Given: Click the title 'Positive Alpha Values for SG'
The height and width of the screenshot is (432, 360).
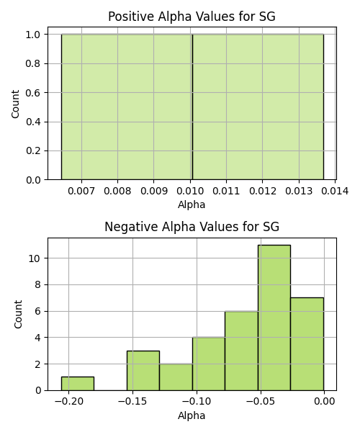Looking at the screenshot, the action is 192,17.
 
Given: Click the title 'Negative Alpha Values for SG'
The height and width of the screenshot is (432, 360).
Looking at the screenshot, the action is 192,227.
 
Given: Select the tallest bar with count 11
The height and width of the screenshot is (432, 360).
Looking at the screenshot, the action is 274,318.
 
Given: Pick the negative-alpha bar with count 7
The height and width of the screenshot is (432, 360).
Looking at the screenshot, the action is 307,344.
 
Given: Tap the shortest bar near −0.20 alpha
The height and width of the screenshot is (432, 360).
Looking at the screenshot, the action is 78,384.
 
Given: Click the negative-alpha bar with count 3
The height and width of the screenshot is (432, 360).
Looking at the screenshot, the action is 143,371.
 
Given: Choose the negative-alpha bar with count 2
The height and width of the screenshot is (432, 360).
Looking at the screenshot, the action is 176,377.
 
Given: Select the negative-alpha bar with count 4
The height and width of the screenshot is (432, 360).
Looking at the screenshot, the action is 209,364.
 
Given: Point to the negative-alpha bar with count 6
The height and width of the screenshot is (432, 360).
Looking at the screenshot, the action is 242,351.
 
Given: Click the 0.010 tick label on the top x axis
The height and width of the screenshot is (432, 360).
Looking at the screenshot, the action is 190,191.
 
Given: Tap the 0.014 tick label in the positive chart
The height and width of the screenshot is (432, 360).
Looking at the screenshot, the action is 335,191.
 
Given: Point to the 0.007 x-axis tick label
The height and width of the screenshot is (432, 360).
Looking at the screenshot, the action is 81,191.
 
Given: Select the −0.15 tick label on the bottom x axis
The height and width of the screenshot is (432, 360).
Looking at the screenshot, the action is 132,402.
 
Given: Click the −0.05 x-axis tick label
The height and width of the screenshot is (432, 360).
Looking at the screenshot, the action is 261,402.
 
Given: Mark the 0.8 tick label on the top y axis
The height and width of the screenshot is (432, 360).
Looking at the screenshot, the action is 33,63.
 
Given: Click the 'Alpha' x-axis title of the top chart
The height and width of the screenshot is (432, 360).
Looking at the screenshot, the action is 192,204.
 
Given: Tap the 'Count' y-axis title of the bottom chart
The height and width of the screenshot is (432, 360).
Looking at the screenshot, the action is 18,314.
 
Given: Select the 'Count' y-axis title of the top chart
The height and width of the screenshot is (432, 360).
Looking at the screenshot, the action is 15,104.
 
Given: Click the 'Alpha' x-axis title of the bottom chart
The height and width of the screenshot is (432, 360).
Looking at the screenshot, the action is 192,415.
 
